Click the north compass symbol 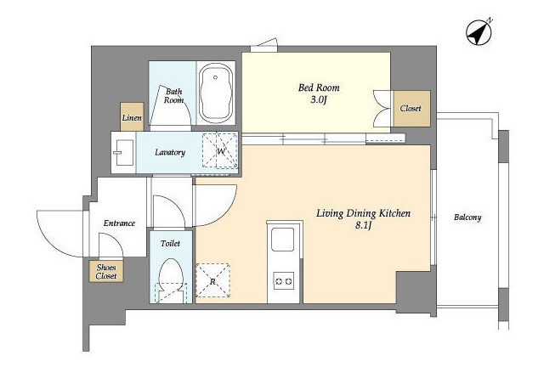479,32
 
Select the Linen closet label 132,117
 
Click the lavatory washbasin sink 122,152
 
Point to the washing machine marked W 220,150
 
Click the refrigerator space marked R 212,280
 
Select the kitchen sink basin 282,240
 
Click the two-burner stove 283,281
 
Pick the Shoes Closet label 106,272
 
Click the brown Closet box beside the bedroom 411,109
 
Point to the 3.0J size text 319,100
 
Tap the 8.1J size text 363,226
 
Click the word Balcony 467,217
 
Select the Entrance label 119,223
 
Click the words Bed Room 319,88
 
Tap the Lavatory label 170,152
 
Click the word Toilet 170,244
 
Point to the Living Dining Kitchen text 363,213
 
